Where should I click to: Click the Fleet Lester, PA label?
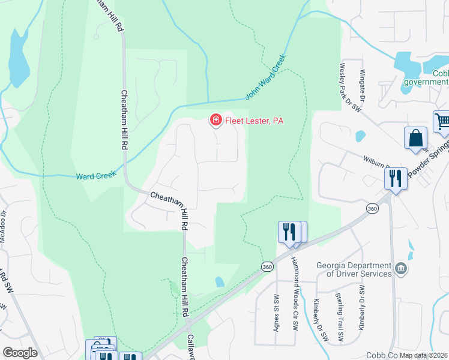click(x=253, y=121)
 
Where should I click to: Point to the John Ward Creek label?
click(x=267, y=77)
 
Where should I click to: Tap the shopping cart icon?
click(x=442, y=122)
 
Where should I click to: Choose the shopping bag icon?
click(x=415, y=138)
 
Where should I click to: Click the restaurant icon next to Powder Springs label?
click(x=396, y=178)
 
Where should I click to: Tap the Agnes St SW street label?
click(x=277, y=315)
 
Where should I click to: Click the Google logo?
click(x=19, y=353)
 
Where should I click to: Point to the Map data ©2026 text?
click(x=424, y=355)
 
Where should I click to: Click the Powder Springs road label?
click(x=429, y=163)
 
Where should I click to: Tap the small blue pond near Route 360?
click(x=220, y=281)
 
